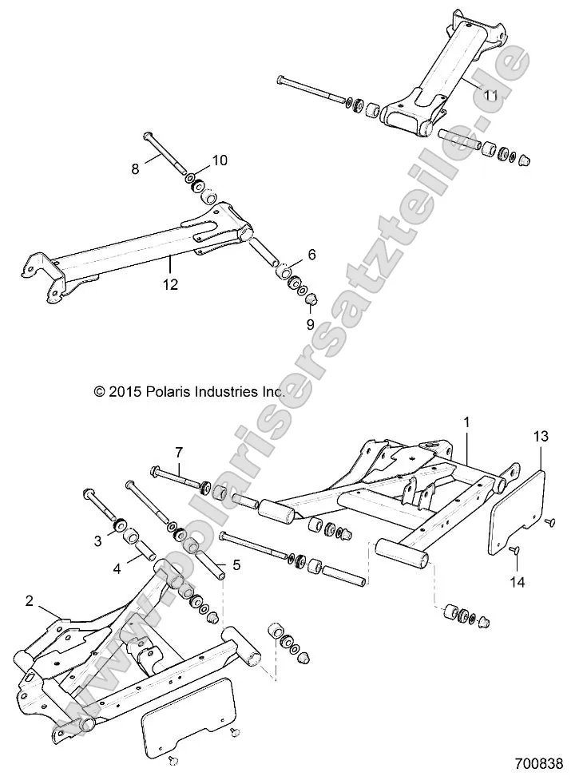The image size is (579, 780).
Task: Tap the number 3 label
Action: click(x=98, y=540)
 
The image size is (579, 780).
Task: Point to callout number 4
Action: click(x=117, y=569)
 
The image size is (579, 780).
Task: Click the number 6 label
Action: click(x=311, y=255)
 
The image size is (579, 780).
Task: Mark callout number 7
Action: click(x=179, y=451)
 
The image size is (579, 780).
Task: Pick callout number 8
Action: click(x=135, y=168)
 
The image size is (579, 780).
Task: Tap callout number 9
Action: click(x=311, y=324)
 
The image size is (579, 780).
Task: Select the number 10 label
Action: click(x=219, y=160)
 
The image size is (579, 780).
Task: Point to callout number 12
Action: click(x=171, y=283)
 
